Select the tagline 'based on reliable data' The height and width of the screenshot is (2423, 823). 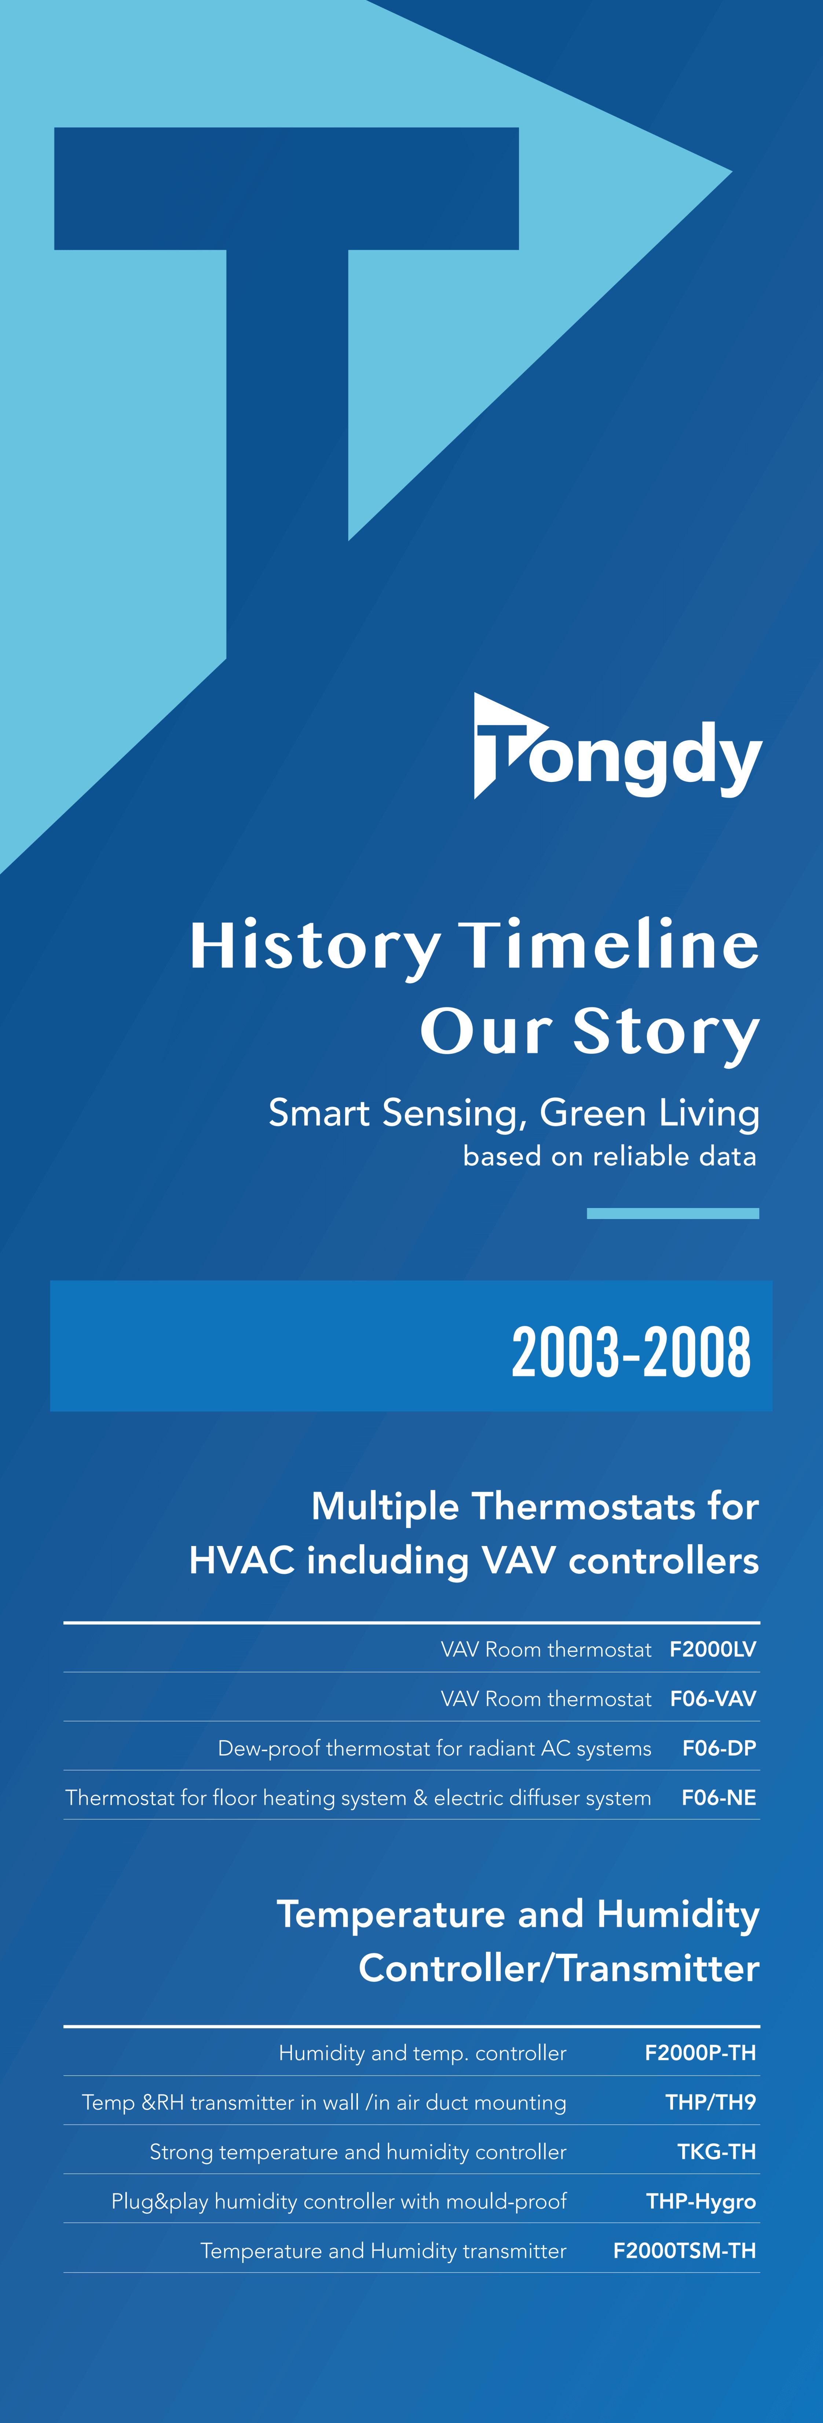[610, 1156]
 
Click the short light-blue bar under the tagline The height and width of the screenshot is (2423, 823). [673, 1214]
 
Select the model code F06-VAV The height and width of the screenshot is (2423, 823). [713, 1699]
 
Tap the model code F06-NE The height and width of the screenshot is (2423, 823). [718, 1797]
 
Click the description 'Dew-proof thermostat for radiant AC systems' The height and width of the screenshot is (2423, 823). [435, 1749]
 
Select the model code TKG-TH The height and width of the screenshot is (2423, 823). [717, 2151]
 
